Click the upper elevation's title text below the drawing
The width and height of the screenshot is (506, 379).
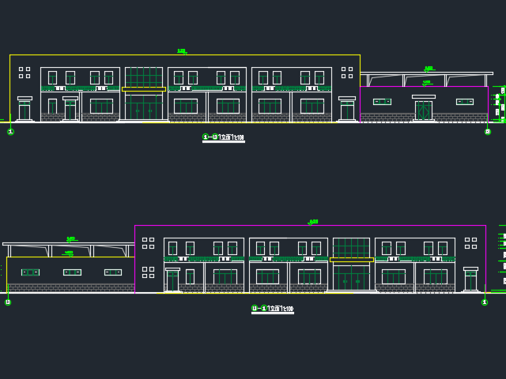coord(224,137)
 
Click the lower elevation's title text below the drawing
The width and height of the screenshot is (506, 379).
coord(273,309)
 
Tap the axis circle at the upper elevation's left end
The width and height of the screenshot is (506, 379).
coord(10,132)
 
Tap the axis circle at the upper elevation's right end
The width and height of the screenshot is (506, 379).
coord(488,132)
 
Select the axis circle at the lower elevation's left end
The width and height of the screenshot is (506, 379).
coord(8,302)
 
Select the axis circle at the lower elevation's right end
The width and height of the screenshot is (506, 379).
coord(484,301)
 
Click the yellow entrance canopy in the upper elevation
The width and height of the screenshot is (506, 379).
coord(144,89)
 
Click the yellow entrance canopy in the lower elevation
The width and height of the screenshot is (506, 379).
coord(351,259)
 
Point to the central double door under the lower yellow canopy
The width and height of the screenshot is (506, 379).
coord(351,277)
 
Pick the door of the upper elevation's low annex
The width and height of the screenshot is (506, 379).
coord(424,109)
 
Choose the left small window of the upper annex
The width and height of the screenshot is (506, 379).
coord(382,101)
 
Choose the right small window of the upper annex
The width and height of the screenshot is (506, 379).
coord(465,101)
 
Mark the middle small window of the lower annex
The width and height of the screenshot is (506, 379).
coord(72,272)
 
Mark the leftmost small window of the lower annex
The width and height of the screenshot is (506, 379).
coord(30,272)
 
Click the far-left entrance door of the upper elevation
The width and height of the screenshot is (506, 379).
coord(25,111)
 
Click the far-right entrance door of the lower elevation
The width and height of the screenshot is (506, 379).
coord(471,280)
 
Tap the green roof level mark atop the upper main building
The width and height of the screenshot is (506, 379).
coord(182,52)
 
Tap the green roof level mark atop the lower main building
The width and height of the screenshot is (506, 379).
coord(313,222)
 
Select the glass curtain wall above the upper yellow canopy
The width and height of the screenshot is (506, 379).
coord(144,77)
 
